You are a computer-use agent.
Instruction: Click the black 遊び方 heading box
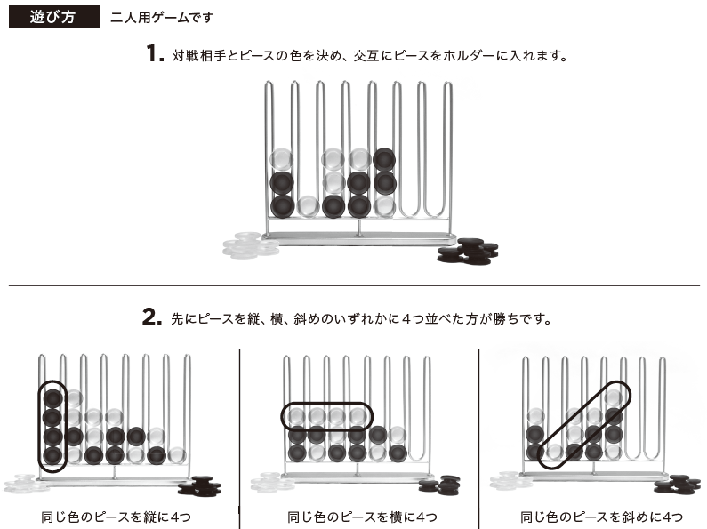tap(54, 17)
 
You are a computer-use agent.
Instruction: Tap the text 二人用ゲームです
tap(162, 18)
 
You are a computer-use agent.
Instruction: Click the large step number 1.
tap(155, 53)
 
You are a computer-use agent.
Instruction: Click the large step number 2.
tap(152, 317)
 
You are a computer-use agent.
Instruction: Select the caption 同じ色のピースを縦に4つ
tap(116, 517)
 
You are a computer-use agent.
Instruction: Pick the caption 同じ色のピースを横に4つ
tap(362, 517)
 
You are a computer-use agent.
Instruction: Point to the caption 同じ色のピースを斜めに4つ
tap(601, 517)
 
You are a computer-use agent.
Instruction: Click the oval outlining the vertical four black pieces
tap(52, 426)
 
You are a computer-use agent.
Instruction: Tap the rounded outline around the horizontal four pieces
tap(327, 416)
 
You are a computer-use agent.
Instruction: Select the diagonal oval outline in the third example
tap(584, 425)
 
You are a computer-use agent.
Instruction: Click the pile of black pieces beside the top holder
tap(468, 252)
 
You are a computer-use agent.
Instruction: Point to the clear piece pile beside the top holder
tap(251, 245)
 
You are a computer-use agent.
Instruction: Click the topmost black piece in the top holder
tap(384, 159)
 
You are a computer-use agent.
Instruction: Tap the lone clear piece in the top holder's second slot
tap(308, 207)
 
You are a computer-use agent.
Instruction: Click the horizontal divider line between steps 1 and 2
tap(354, 285)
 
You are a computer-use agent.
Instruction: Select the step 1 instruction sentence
tap(370, 56)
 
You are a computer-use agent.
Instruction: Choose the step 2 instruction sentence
tap(362, 318)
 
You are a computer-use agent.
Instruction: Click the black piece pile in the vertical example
tap(199, 486)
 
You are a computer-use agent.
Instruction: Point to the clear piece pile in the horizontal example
tap(273, 482)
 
